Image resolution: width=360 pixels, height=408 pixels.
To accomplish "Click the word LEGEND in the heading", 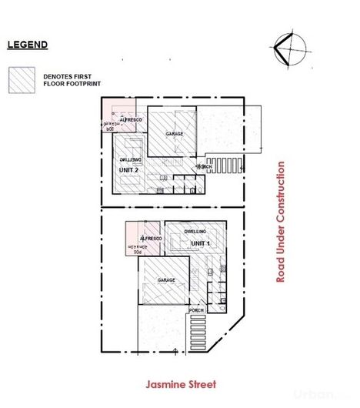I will click(x=28, y=45).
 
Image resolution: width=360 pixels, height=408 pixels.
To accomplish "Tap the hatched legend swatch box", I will click(x=22, y=81).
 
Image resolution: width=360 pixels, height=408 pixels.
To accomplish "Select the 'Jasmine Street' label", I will click(x=185, y=383).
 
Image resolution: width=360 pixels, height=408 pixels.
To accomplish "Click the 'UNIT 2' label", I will click(x=128, y=169).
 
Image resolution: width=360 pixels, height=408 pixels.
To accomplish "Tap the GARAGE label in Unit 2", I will click(x=174, y=135).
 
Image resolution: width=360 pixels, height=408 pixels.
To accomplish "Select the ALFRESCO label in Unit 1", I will click(x=148, y=239).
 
